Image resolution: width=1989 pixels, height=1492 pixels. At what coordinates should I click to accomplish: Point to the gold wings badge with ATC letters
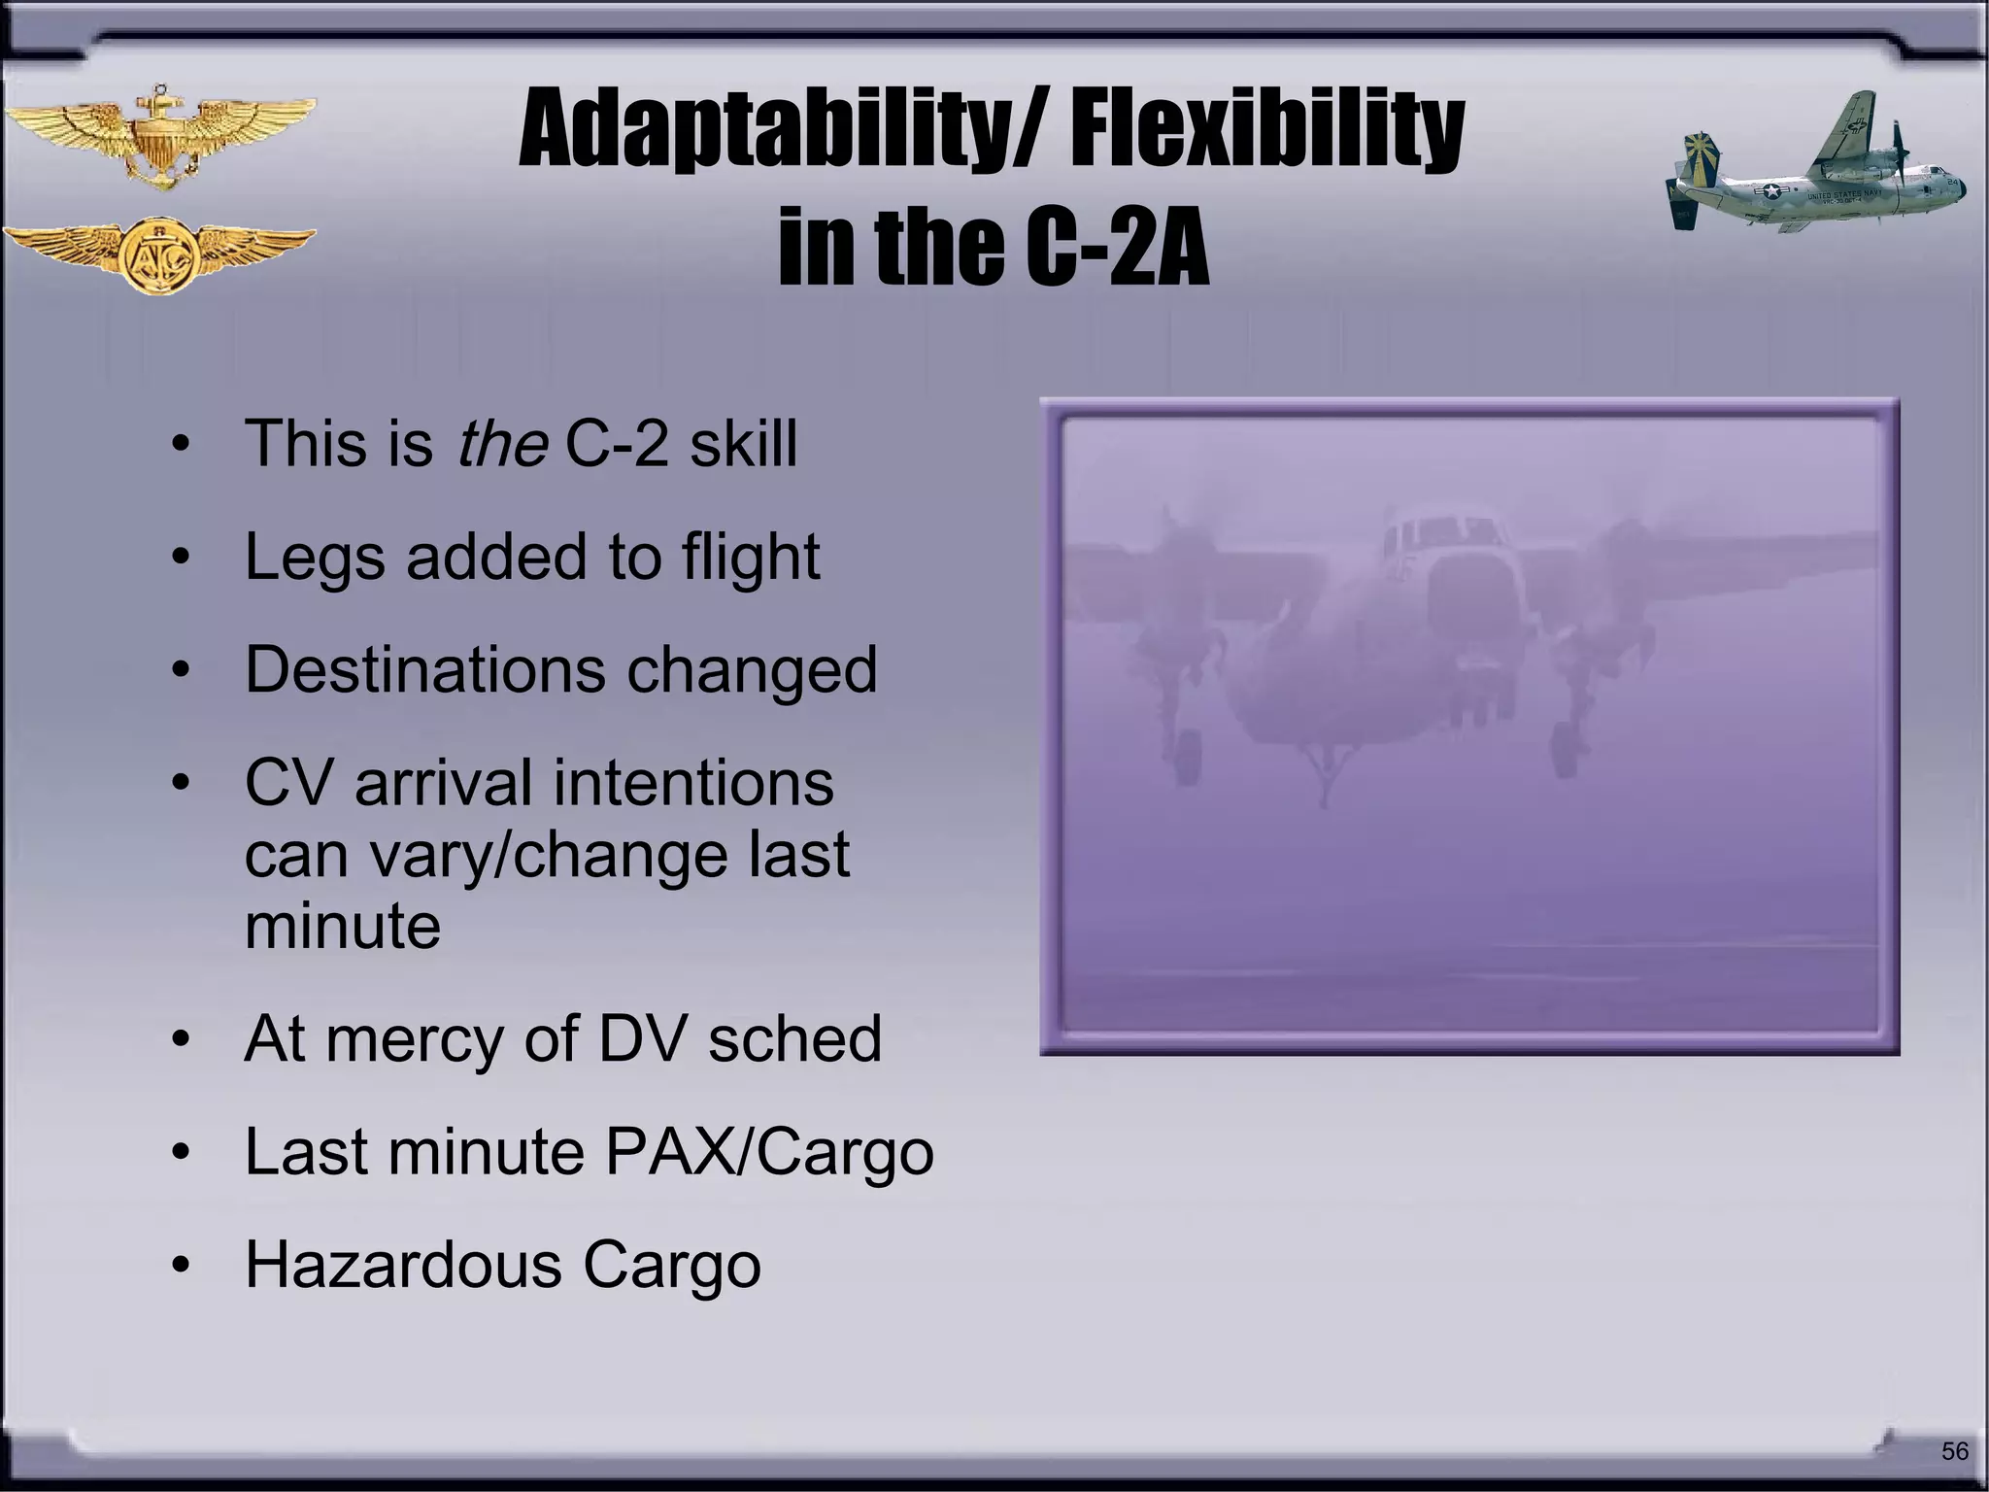(x=160, y=255)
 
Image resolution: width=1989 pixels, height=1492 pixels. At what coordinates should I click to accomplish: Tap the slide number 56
(x=1954, y=1451)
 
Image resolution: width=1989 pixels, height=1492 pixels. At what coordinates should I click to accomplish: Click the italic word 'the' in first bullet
(x=502, y=444)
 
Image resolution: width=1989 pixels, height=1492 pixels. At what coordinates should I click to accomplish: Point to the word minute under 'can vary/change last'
(x=343, y=926)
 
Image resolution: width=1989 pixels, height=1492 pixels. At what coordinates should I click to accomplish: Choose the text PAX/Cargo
(x=769, y=1152)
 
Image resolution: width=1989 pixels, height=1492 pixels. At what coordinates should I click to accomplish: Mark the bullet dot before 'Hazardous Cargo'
(x=180, y=1267)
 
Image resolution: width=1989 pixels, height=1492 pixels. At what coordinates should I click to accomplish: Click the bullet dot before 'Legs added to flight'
(x=180, y=559)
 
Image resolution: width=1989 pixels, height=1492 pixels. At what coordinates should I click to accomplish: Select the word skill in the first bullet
(x=743, y=444)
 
